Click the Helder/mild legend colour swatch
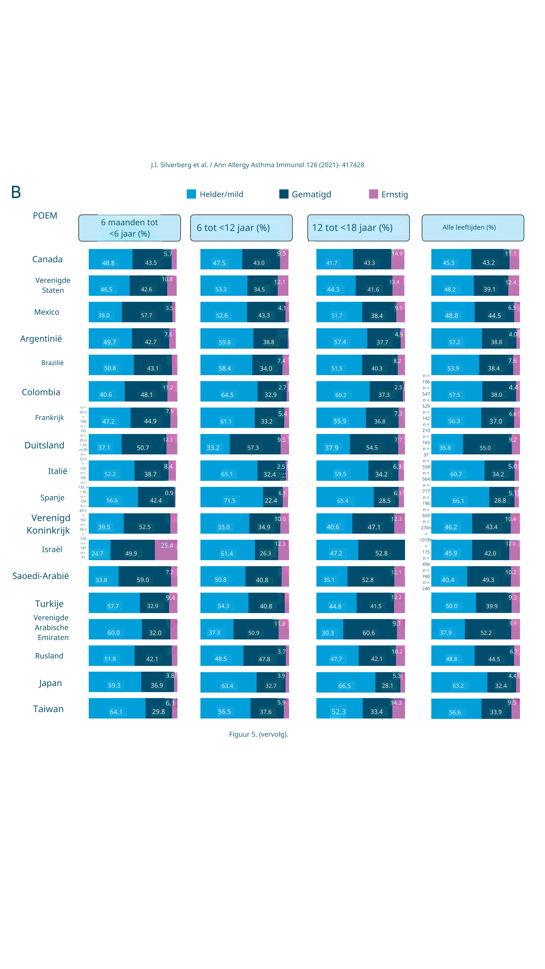[191, 194]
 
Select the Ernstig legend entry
[394, 195]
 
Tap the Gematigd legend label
[311, 195]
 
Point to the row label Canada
[47, 259]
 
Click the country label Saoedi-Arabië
[41, 576]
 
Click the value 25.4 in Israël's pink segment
[167, 545]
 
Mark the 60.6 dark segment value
[368, 633]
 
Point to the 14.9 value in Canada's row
[397, 254]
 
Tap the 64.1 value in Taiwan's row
[116, 712]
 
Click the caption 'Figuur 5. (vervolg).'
[258, 734]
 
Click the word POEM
[45, 216]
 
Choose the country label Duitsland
[44, 445]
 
